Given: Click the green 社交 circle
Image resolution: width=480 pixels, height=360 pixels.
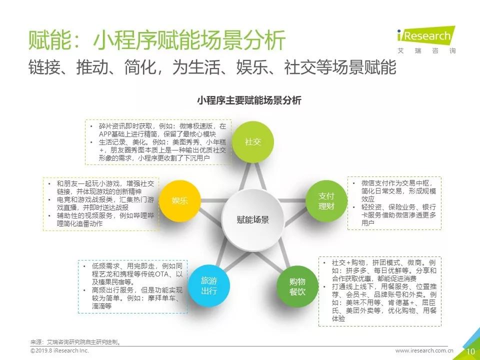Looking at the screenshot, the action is [252, 142].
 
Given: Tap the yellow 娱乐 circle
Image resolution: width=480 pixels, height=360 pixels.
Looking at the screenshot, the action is [179, 201].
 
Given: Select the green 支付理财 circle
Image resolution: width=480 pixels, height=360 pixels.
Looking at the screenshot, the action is [326, 201].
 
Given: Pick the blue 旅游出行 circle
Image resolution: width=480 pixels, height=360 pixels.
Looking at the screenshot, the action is [209, 285].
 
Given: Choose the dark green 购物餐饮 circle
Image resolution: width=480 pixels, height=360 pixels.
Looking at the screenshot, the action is [297, 286].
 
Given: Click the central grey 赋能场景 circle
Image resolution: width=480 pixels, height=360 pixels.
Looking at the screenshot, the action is [253, 220].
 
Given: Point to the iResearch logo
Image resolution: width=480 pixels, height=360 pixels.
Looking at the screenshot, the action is [426, 40].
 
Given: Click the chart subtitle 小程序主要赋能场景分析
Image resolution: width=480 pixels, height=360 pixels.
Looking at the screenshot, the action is [249, 100].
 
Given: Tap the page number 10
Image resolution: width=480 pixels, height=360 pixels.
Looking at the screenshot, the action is [470, 351].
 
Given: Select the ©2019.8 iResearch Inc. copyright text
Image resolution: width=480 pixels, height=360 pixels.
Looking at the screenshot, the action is [59, 350].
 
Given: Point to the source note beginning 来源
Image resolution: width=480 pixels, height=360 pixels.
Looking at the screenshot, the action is [75, 342].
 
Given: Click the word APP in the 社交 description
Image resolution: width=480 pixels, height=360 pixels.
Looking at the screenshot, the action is [105, 134].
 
